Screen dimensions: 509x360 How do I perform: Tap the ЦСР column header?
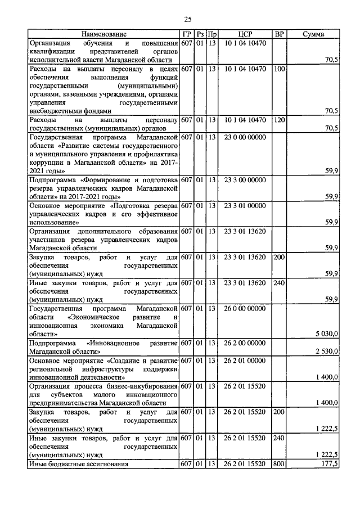pos(245,34)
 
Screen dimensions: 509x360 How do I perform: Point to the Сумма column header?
pos(313,34)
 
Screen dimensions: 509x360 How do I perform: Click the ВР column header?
pos(279,34)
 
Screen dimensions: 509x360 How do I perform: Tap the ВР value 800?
pos(279,464)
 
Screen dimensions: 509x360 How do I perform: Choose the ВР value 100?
pos(279,69)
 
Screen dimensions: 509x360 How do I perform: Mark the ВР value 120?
pos(279,120)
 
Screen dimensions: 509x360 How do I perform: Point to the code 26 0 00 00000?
pos(245,308)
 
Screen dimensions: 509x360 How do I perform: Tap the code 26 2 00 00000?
pos(245,343)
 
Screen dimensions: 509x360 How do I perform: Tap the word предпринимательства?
pos(65,402)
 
